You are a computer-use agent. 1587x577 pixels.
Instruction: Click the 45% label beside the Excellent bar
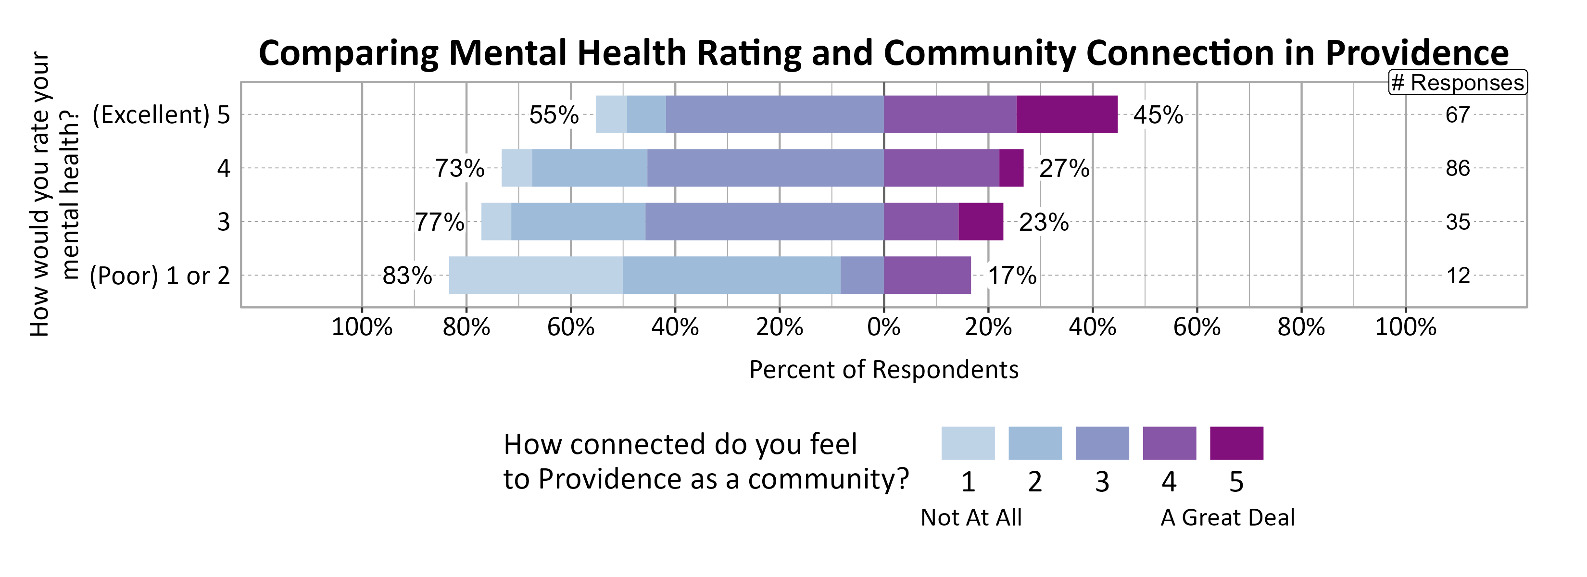coord(1158,114)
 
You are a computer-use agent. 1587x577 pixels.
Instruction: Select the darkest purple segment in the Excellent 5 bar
coord(1067,114)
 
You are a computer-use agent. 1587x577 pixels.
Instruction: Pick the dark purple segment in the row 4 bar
coord(1011,168)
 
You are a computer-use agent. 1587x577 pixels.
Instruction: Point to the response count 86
coord(1458,168)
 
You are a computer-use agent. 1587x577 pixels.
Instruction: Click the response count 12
coord(1458,275)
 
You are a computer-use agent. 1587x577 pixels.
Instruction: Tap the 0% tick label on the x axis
coord(883,326)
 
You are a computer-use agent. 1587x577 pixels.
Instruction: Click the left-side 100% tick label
coord(362,326)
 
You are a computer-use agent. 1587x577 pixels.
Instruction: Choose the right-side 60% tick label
coord(1197,326)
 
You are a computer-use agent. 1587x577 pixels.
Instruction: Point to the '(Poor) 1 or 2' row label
coord(160,275)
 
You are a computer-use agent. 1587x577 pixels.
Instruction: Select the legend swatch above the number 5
coord(1236,443)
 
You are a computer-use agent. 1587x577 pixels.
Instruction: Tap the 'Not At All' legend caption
coord(971,517)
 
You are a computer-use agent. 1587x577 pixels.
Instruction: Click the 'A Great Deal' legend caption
coord(1227,517)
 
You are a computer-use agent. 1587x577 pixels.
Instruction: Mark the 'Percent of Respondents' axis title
coord(883,369)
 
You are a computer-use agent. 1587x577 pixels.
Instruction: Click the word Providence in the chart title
coord(1416,53)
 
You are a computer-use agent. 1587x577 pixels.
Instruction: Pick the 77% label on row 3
coord(439,222)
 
